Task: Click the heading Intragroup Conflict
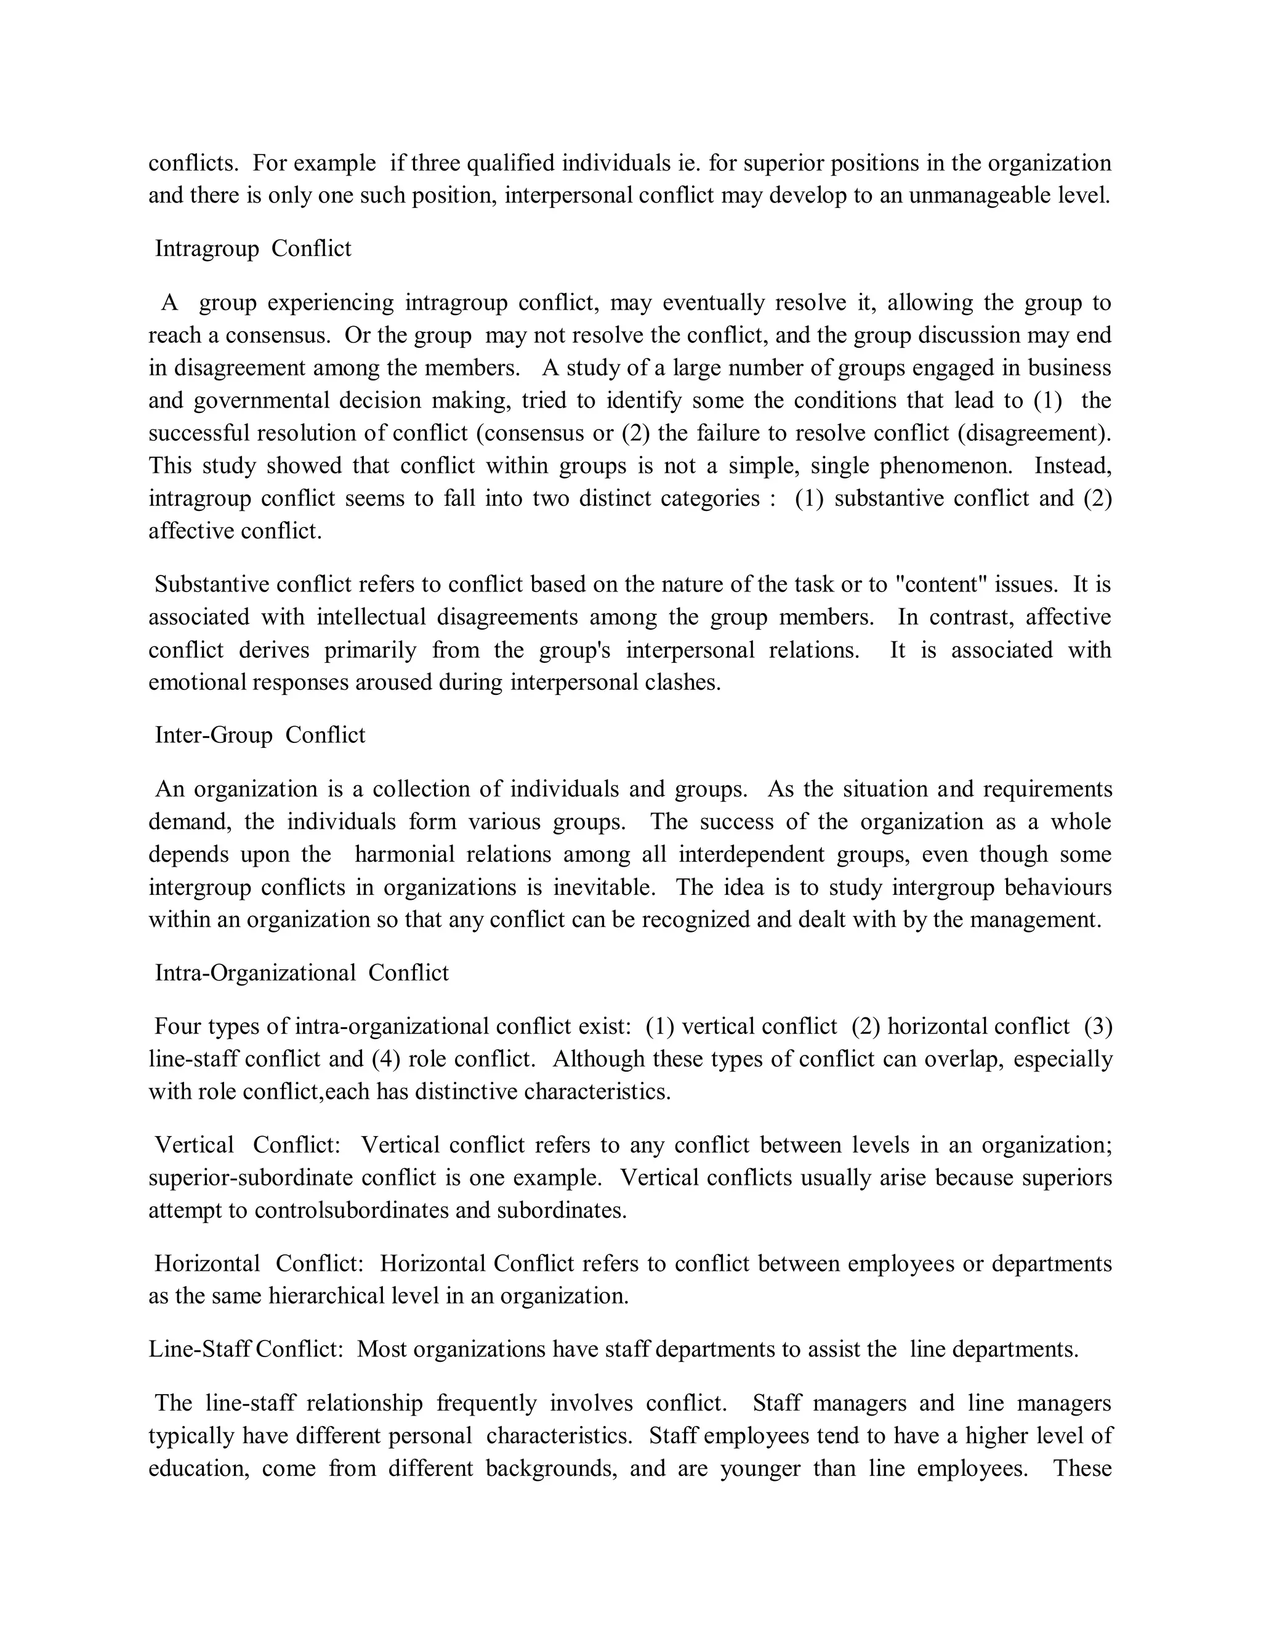[x=252, y=249]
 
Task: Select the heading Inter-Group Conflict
[x=260, y=735]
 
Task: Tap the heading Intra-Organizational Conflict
[x=302, y=973]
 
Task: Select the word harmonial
[x=404, y=854]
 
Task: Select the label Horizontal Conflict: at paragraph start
[x=259, y=1264]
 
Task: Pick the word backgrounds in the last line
[x=551, y=1469]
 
